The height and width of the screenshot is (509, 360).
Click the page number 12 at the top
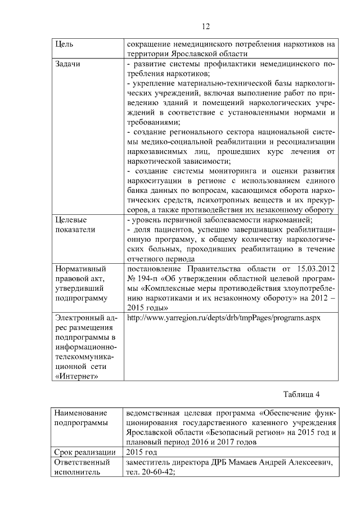(205, 26)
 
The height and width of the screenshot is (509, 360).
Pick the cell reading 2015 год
(142, 452)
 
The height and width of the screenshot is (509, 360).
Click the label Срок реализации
(84, 452)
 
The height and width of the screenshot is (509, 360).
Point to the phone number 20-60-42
(155, 472)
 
